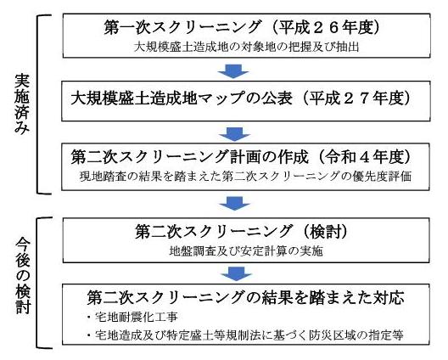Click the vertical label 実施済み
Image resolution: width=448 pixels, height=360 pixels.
tap(22, 104)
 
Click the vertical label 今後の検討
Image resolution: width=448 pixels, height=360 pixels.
tap(23, 275)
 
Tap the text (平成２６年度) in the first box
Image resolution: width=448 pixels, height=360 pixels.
tap(326, 28)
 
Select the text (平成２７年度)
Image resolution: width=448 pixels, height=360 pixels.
tap(356, 98)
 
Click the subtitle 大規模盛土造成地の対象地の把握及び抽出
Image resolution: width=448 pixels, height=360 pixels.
tap(246, 47)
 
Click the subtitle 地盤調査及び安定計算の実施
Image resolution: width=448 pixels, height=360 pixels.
tap(246, 250)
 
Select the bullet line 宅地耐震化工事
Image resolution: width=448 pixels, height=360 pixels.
tap(133, 317)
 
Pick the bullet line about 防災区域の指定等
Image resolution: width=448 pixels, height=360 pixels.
tap(245, 335)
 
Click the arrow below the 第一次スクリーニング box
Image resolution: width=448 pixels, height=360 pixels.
tap(233, 71)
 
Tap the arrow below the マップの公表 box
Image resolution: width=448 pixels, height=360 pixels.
tap(234, 134)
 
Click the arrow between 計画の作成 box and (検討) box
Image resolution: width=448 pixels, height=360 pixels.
tap(234, 203)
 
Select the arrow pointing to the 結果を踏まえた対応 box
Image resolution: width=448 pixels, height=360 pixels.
tap(236, 273)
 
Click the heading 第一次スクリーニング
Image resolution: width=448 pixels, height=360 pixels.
tap(182, 28)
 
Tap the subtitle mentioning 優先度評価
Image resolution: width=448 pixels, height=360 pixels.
tap(245, 176)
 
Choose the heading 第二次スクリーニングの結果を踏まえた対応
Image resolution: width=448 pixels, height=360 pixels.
tap(245, 298)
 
